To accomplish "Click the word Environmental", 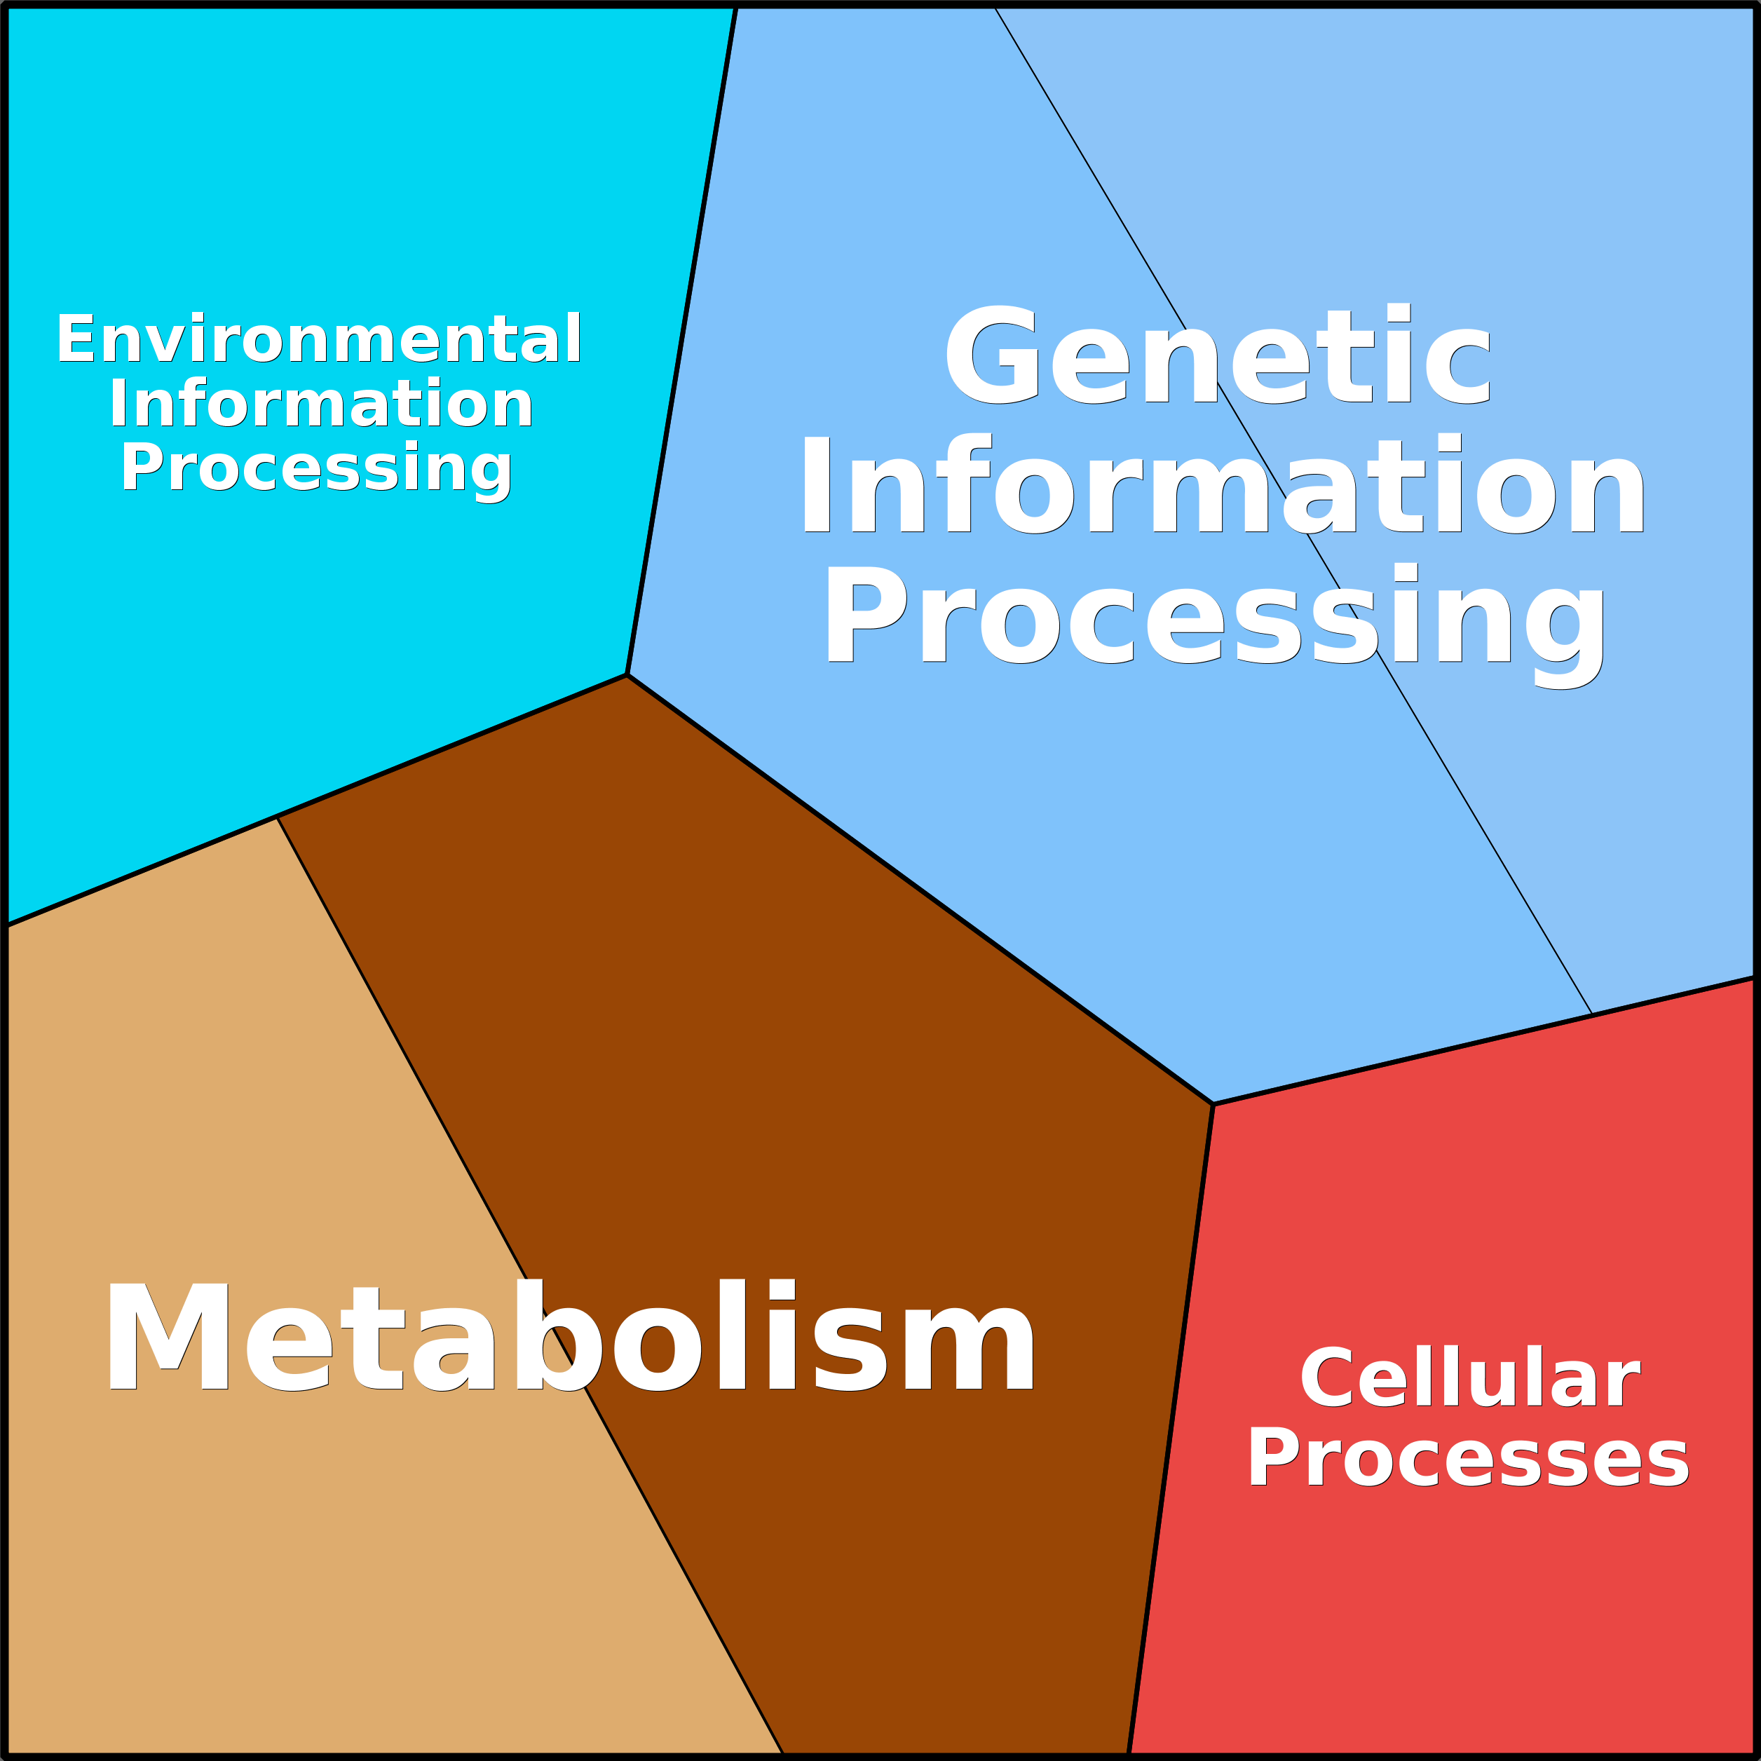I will coord(318,339).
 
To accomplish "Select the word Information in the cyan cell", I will coord(321,404).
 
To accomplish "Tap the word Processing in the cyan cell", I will coord(316,468).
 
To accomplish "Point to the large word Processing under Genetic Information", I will coord(1214,616).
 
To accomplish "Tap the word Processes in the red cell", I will coord(1467,1458).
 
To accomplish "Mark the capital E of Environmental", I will coord(76,339).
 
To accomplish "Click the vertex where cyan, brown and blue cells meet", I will coord(627,675).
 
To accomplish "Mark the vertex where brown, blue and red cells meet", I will coord(1213,1105).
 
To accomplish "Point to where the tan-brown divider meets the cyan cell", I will coord(277,817).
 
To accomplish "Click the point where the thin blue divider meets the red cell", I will coord(1591,1014).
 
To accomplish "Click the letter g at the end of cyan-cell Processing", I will coord(492,471).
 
